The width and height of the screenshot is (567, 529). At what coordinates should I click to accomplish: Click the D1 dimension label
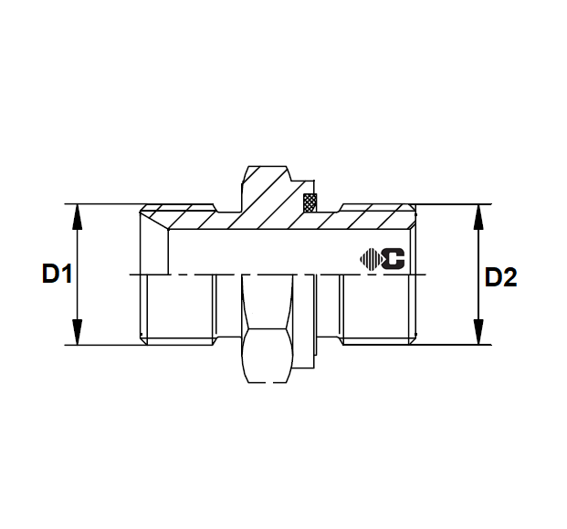click(57, 274)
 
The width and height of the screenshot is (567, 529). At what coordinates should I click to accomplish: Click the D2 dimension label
click(499, 277)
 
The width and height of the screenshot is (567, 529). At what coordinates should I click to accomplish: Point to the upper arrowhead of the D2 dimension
click(478, 212)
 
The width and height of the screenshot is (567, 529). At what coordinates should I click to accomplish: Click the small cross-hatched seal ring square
click(309, 202)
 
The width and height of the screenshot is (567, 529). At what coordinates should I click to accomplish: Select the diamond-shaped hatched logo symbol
click(371, 259)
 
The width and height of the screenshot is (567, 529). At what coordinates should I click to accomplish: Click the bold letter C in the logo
click(394, 259)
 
